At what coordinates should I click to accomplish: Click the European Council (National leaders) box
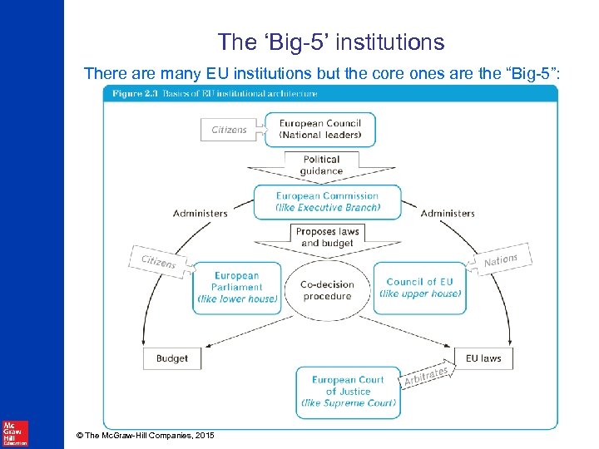tap(320, 130)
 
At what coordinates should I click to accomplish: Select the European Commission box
tap(327, 202)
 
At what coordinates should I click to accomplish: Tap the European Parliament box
tap(237, 288)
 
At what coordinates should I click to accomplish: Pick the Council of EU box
tap(419, 288)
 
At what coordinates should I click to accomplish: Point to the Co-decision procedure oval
tap(327, 290)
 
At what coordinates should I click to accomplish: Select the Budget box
tap(171, 358)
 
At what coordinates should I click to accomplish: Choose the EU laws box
tap(483, 358)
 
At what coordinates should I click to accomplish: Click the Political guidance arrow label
tap(321, 165)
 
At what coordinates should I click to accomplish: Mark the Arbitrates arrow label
tap(427, 376)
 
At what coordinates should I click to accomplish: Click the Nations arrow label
tap(501, 261)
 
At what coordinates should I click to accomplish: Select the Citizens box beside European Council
tap(230, 130)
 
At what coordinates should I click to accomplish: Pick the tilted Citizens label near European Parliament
tap(158, 261)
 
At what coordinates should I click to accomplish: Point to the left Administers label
tap(200, 213)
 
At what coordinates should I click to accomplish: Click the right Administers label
tap(448, 213)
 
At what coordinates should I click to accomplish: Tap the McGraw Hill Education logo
tap(15, 433)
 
